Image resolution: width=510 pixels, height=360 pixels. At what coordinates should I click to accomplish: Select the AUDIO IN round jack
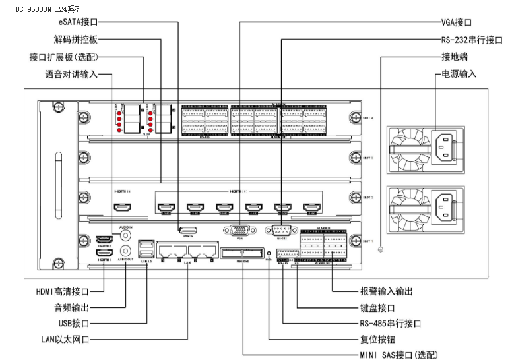point(125,235)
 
